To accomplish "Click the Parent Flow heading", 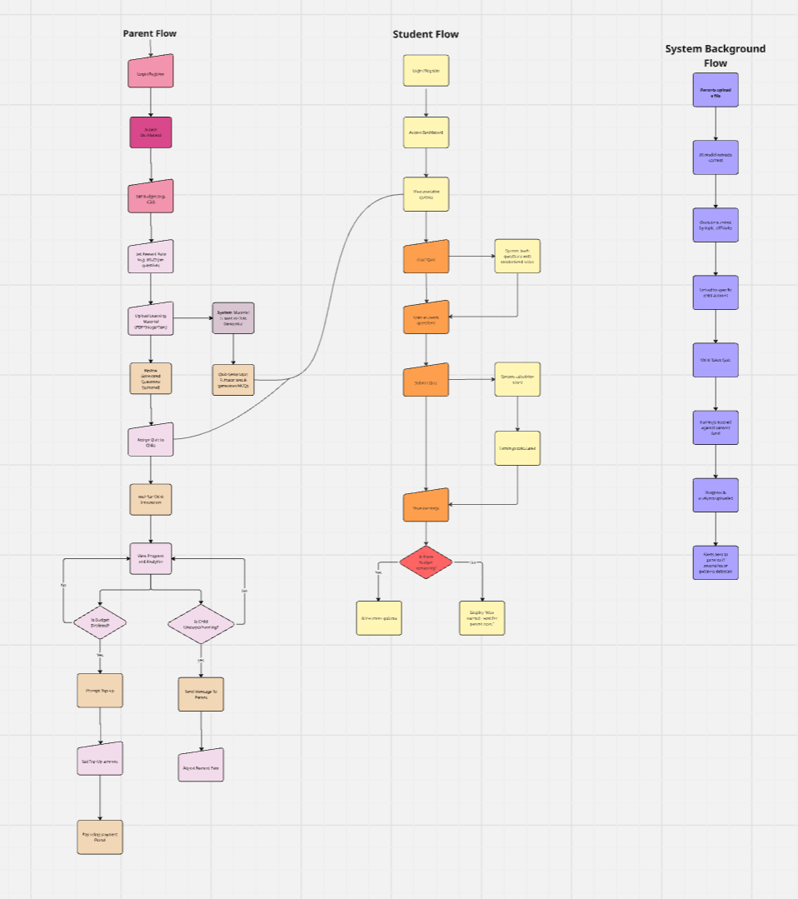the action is click(150, 33).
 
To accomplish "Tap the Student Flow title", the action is click(426, 34).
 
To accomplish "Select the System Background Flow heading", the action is click(715, 56).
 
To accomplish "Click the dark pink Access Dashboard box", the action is click(151, 132).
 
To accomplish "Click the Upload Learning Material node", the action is click(151, 319).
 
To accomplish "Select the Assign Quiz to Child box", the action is click(151, 441).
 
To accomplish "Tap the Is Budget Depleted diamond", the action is click(100, 622).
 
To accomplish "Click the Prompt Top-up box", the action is click(100, 691).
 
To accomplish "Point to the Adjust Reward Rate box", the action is click(201, 765).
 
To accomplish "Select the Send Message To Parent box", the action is click(201, 693).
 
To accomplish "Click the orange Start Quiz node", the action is click(426, 258).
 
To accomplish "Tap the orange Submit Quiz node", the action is click(426, 381).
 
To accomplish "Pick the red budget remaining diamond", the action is click(426, 562).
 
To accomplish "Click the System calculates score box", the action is click(517, 379).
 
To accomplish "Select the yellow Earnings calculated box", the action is click(517, 448).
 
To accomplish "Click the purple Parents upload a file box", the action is click(716, 90).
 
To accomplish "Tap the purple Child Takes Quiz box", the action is click(716, 360).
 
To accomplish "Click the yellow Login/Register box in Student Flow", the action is click(426, 71).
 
